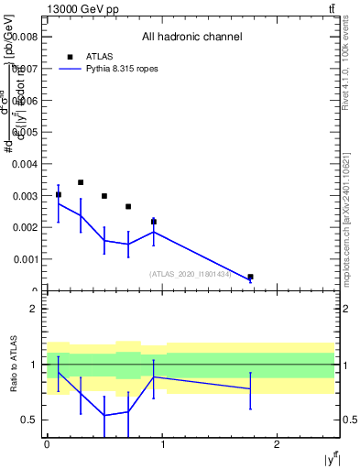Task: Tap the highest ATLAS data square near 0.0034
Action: coord(81,182)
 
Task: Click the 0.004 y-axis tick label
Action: coord(27,164)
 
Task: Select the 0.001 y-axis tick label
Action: coord(27,259)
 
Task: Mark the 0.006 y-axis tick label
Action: coord(27,100)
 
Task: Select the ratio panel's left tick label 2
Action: coord(37,309)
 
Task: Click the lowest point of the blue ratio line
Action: coord(104,415)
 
